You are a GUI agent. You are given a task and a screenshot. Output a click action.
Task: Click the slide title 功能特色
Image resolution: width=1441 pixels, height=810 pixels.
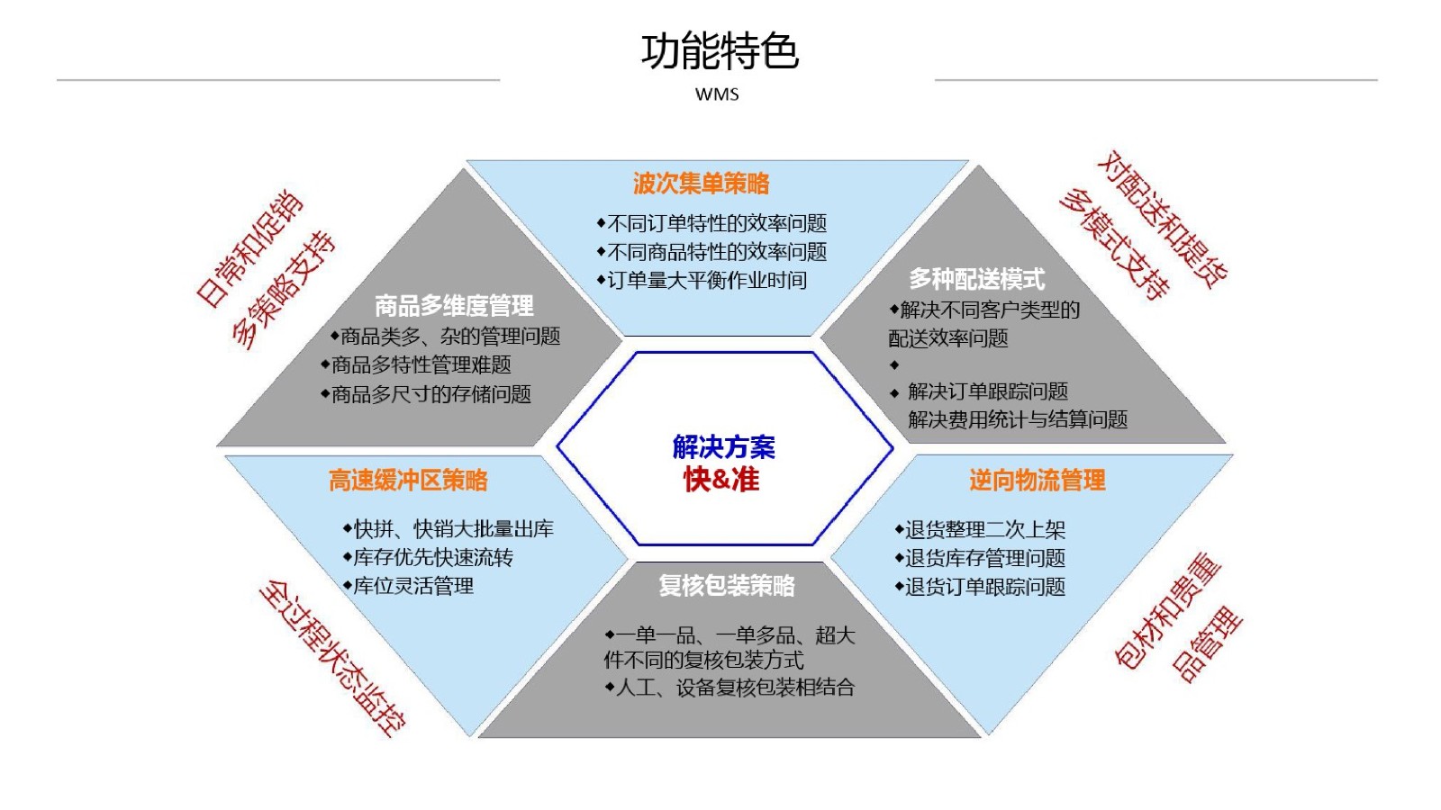[720, 51]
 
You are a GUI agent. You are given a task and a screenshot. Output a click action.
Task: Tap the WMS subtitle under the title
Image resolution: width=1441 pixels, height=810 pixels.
[717, 94]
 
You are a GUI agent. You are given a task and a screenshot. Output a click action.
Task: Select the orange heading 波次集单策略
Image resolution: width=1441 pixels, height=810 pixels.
[702, 184]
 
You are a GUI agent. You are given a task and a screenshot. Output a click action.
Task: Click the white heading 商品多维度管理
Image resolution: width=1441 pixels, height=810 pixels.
[454, 306]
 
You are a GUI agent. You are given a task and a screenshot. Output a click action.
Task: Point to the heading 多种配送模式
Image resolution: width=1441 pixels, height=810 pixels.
[976, 279]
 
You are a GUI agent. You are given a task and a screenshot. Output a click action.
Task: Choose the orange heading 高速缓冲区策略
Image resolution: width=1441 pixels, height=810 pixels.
[409, 481]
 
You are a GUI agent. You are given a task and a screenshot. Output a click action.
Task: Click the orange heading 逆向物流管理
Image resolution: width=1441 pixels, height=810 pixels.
[1038, 481]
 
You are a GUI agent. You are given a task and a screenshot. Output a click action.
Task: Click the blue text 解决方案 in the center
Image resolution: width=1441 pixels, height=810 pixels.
[724, 446]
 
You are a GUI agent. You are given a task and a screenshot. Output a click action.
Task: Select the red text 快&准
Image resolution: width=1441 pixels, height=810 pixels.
[721, 480]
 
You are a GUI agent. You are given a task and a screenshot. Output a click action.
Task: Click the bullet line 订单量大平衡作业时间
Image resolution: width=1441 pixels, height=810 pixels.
[702, 280]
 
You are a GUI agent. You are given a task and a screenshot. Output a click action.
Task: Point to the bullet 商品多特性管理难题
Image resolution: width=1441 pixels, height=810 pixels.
[416, 365]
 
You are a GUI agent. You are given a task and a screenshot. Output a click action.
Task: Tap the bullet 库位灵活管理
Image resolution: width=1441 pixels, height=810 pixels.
[409, 586]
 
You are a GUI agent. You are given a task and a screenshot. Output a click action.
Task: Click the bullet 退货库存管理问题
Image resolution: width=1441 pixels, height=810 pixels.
[980, 558]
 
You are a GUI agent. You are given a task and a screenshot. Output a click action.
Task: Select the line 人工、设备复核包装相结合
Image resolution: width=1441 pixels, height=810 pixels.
[730, 688]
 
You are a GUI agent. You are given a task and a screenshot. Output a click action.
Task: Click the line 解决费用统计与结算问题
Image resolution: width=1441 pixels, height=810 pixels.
[1018, 419]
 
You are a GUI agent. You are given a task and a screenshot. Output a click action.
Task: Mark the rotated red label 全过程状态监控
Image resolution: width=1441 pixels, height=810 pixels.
[332, 658]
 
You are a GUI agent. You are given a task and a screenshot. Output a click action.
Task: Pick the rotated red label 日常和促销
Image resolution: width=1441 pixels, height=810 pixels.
[249, 248]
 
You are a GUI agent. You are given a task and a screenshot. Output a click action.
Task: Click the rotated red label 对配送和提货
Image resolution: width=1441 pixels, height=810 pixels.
[1162, 220]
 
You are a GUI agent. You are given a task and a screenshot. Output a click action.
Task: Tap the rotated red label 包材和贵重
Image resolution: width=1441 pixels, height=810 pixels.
[1167, 611]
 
